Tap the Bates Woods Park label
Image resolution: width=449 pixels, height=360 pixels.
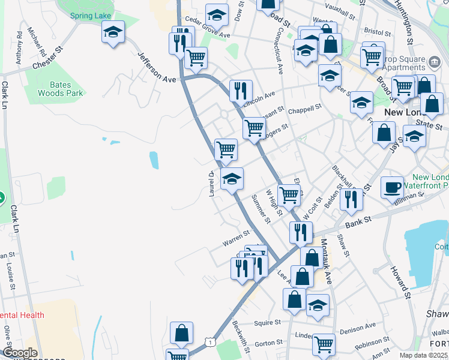coord(60,89)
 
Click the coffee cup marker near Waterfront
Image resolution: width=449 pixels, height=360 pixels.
coord(392,188)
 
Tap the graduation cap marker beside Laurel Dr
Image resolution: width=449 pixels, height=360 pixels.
coord(232,178)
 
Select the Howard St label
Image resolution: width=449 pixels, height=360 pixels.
coord(401,282)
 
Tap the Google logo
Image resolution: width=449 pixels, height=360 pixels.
coord(20,353)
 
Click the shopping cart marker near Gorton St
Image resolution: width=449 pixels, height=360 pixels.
coord(323,344)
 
